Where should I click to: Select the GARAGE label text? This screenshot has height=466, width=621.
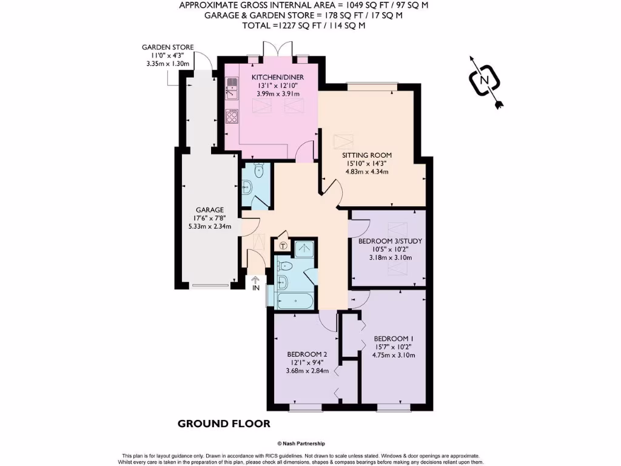[x=209, y=209]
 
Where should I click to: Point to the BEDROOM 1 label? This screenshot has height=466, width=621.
[x=394, y=339]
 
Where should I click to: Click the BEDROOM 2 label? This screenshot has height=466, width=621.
[x=307, y=354]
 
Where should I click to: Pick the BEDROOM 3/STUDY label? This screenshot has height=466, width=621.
[x=390, y=241]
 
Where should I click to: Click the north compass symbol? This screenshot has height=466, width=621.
[x=484, y=80]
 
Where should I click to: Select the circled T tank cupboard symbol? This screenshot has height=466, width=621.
[x=283, y=246]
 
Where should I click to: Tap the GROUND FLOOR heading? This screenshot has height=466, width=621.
[x=224, y=423]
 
